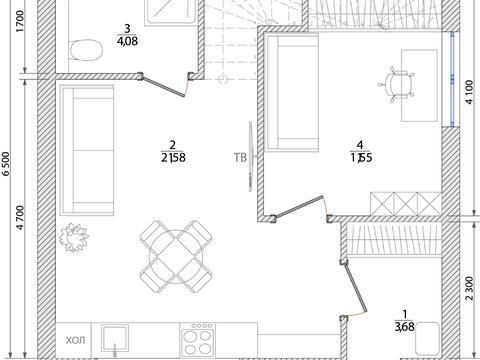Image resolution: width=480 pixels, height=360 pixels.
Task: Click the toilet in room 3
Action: (87, 50)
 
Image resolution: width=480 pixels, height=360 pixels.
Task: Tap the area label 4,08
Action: (127, 41)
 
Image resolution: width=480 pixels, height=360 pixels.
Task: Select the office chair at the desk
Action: (396, 85)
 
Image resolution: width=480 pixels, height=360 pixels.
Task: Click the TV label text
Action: (240, 157)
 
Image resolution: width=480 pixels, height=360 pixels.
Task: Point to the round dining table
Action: (176, 256)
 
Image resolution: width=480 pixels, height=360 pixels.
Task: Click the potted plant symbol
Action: (74, 237)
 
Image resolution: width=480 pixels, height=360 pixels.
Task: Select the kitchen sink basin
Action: (115, 338)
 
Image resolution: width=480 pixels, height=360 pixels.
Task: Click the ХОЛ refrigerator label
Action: (75, 340)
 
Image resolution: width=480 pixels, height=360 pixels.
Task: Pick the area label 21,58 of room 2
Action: (173, 157)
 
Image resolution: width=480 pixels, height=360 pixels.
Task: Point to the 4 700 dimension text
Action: (21, 218)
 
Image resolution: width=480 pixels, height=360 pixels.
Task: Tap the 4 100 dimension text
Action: (469, 92)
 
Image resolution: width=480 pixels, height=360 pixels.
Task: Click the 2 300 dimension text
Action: (469, 289)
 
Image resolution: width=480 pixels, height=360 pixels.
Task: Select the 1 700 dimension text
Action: (21, 21)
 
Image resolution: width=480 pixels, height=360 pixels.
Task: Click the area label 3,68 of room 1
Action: (404, 327)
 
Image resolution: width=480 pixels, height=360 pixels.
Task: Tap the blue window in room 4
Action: (452, 79)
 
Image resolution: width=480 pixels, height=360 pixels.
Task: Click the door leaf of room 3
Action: (163, 87)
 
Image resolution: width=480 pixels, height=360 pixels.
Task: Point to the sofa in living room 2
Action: (87, 150)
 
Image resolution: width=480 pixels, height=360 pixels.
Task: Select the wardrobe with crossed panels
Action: (406, 204)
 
